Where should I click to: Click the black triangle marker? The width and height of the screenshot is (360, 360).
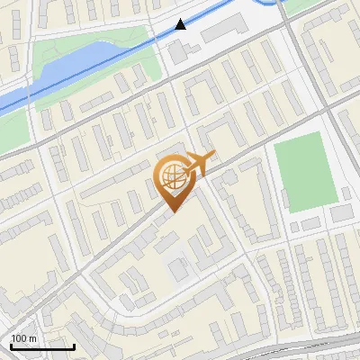(182, 24)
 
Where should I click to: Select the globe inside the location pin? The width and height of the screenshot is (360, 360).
(171, 176)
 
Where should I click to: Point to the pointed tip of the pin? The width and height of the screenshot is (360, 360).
(172, 211)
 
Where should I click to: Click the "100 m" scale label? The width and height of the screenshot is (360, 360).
(24, 337)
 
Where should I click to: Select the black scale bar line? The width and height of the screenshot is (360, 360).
(42, 346)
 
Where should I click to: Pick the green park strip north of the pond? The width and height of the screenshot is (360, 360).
(99, 40)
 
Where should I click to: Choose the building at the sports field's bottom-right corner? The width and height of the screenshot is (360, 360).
(341, 212)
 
